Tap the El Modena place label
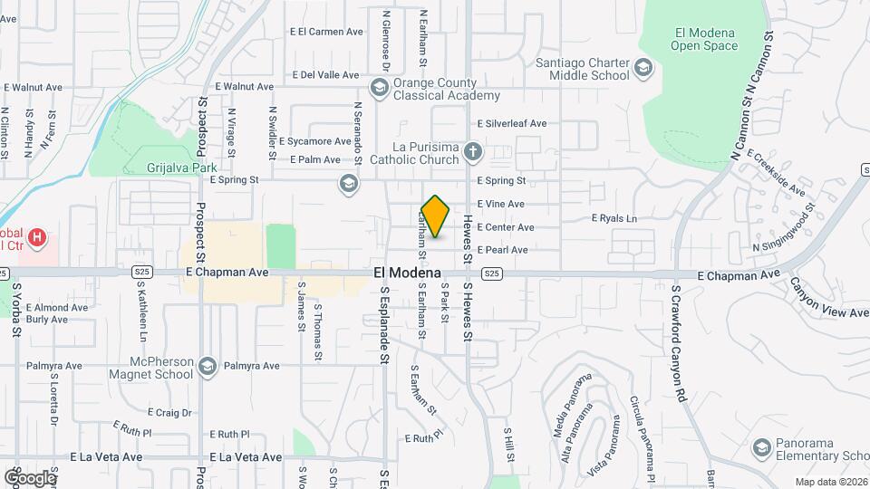click(x=407, y=273)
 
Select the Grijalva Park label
click(x=182, y=168)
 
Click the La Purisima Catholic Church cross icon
click(x=472, y=150)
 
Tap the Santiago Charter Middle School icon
click(x=643, y=68)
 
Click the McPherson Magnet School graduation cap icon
click(x=208, y=366)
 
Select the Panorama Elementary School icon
click(x=761, y=447)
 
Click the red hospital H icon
click(x=37, y=238)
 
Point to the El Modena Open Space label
click(x=705, y=39)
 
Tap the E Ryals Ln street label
click(x=614, y=218)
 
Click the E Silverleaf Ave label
click(x=512, y=123)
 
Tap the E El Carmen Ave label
click(x=326, y=32)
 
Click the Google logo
click(x=30, y=477)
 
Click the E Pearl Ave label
click(x=502, y=250)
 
